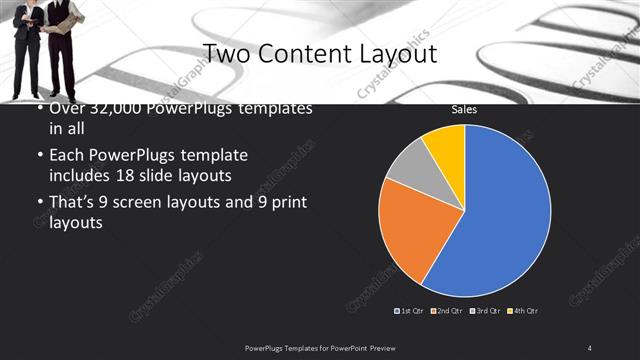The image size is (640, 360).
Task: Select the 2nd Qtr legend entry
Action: [448, 311]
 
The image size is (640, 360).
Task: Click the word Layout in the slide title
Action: [395, 53]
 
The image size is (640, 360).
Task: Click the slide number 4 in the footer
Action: [590, 347]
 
